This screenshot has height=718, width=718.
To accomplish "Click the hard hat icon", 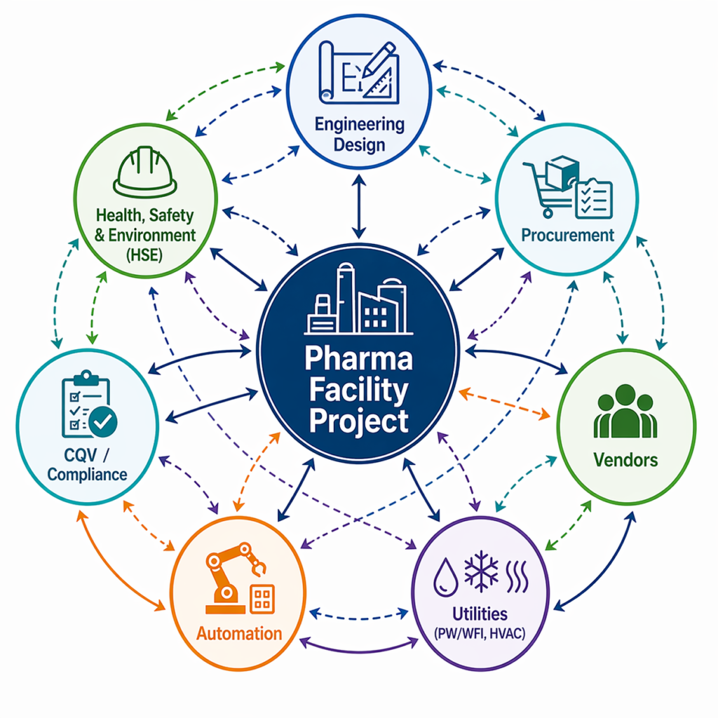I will [x=144, y=173].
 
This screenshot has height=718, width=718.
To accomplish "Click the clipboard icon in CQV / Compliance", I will [x=81, y=405].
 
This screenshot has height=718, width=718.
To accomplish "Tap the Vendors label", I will [x=625, y=460].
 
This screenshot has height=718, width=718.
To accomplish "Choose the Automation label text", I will [x=238, y=633].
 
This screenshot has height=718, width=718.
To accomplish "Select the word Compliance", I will [x=87, y=475].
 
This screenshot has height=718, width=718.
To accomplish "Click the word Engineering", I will [x=359, y=125].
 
